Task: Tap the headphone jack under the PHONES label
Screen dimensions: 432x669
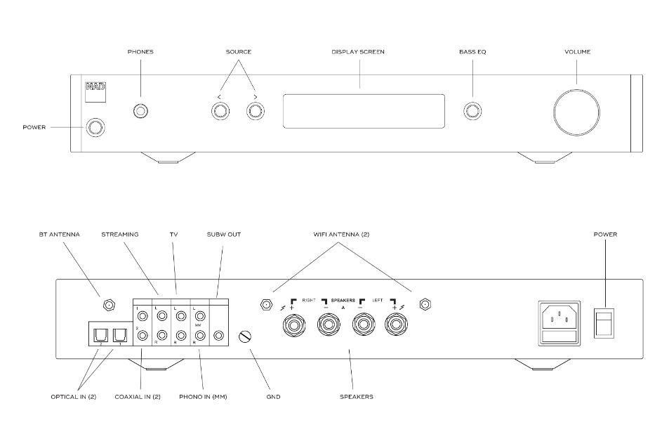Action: tap(140, 111)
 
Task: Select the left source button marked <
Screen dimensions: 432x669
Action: tap(220, 111)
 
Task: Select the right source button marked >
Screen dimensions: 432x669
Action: tap(254, 111)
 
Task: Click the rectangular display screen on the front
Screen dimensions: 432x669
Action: tap(364, 111)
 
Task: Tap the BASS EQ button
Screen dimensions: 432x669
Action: tap(472, 111)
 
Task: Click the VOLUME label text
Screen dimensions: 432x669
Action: tap(578, 52)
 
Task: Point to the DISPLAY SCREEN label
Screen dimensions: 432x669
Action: tap(358, 52)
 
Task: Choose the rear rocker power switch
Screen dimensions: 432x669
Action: tap(603, 324)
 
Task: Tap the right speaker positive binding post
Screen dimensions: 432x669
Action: tap(291, 326)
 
